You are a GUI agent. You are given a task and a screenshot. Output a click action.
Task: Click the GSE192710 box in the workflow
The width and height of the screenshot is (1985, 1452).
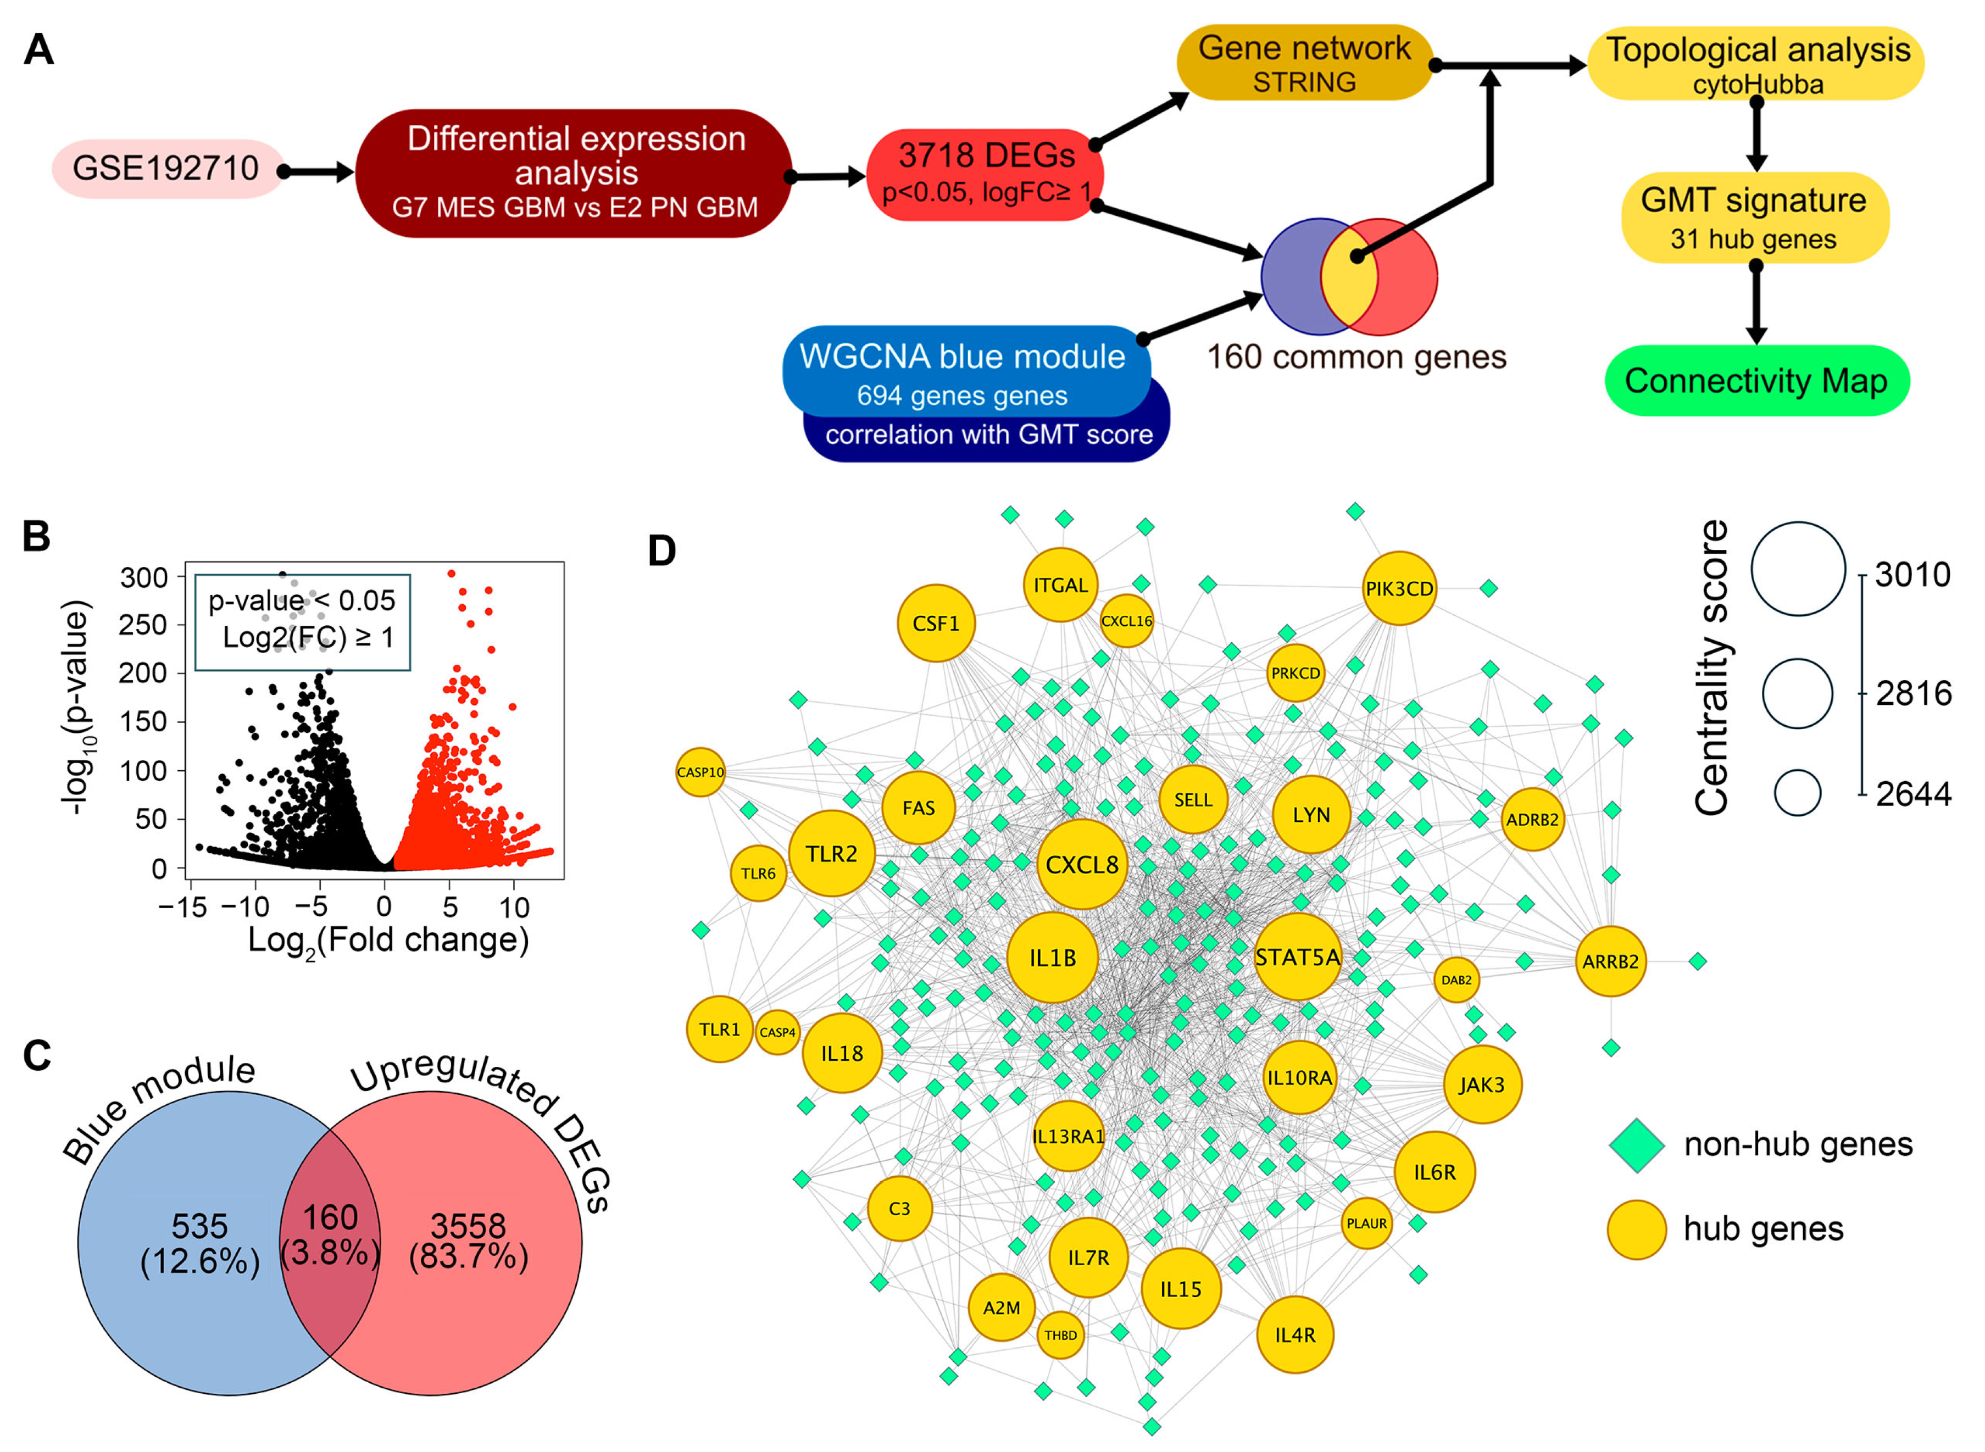coord(165,169)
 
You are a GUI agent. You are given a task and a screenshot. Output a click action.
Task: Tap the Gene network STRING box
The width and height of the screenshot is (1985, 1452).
coord(1305,63)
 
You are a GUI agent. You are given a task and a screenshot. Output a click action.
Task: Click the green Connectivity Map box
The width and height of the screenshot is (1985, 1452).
coord(1756,381)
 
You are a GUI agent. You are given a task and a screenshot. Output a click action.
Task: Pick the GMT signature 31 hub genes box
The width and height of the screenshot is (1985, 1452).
coord(1754,218)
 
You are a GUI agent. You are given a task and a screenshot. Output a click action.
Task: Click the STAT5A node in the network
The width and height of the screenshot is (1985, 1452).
coord(1298,957)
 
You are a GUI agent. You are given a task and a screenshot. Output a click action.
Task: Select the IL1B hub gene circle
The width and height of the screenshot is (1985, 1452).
coord(1052,957)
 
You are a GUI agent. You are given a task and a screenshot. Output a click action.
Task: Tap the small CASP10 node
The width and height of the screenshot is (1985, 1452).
coord(700,772)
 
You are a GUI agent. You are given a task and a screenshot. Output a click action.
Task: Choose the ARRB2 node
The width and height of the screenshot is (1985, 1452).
coord(1610,961)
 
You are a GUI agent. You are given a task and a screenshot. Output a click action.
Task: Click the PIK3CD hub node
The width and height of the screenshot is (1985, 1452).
coord(1399,588)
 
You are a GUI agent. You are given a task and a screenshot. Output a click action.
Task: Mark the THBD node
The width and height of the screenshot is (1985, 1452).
coord(1060,1335)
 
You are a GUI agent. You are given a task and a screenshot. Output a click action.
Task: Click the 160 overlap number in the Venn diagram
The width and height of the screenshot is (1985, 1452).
coord(331,1217)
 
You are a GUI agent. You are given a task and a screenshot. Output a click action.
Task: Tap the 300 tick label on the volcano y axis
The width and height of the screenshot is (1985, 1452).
coord(144,577)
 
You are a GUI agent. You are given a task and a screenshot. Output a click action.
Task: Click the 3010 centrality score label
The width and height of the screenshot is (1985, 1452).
coord(1912,575)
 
